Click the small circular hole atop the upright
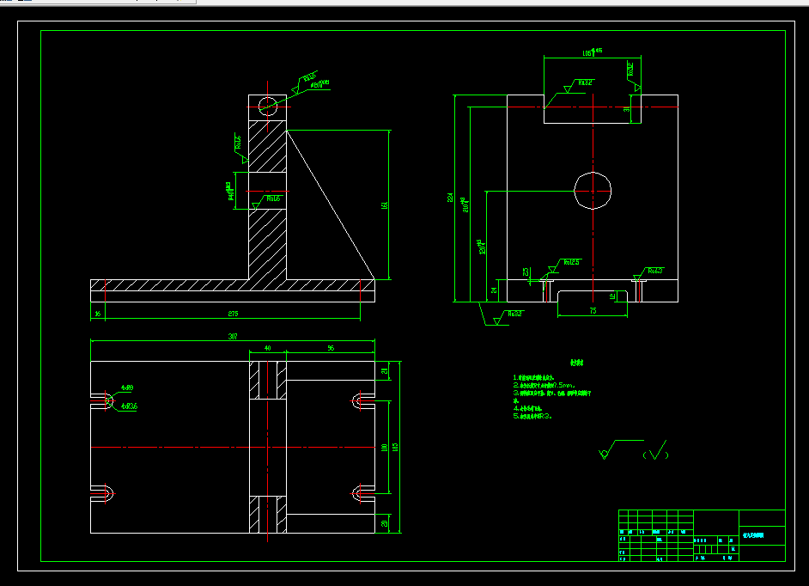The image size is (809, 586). [267, 106]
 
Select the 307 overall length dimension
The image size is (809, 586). [232, 337]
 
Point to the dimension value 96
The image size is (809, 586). [331, 348]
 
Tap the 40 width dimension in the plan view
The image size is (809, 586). [267, 348]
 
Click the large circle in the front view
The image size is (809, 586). [593, 189]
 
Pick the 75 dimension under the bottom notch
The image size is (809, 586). [593, 310]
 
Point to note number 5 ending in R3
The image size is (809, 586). [532, 415]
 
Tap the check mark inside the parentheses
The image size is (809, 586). [658, 451]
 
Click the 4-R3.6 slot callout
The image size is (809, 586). [130, 406]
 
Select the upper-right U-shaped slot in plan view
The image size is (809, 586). [361, 400]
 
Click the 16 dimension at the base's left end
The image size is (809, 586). [98, 314]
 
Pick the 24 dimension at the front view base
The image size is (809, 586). [494, 290]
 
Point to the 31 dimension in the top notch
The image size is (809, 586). [626, 109]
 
